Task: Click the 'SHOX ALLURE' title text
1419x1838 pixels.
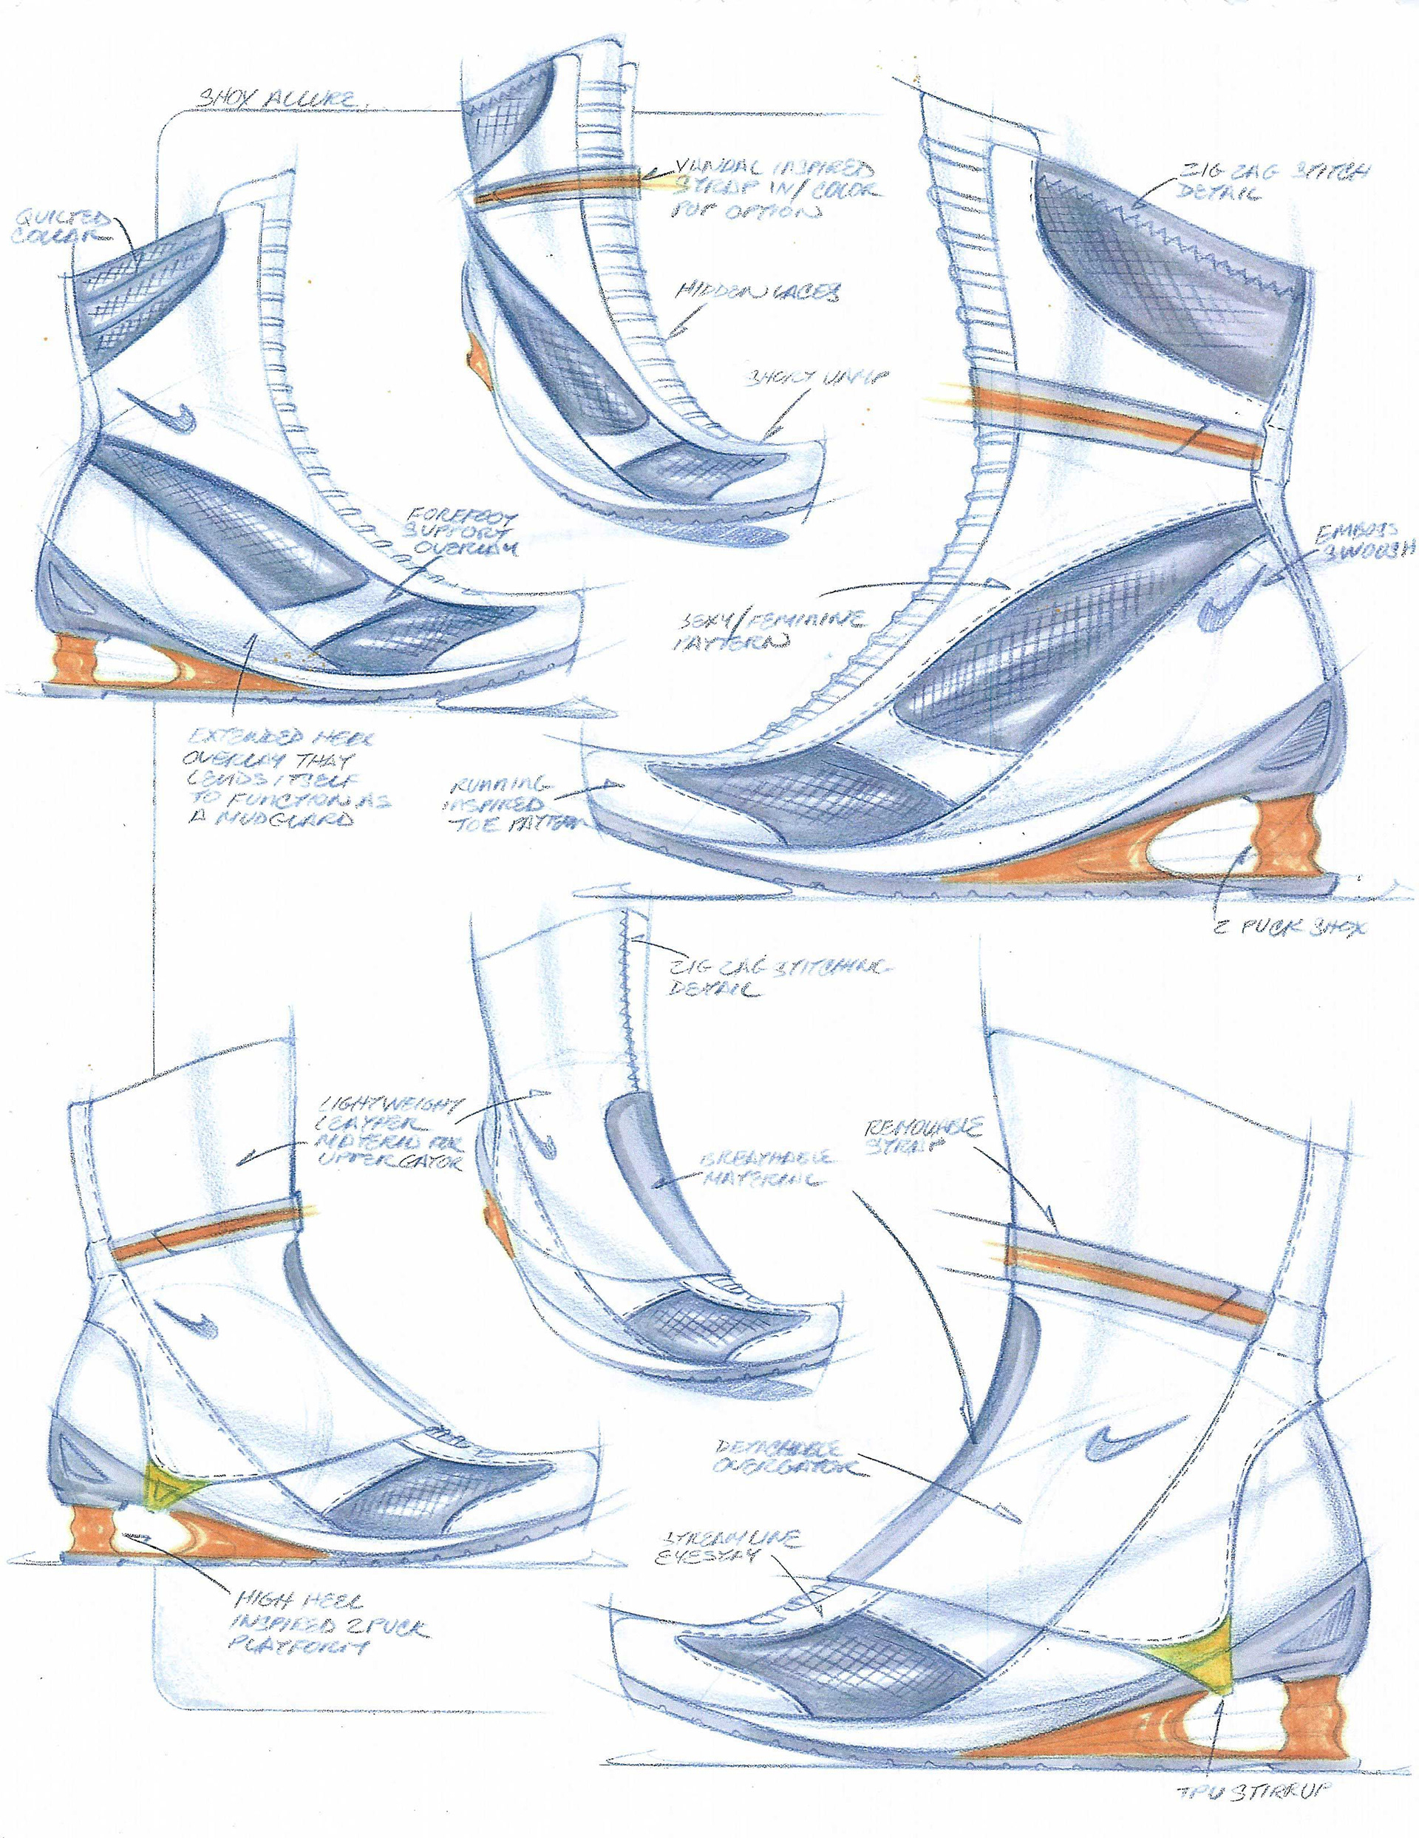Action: pyautogui.click(x=274, y=99)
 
